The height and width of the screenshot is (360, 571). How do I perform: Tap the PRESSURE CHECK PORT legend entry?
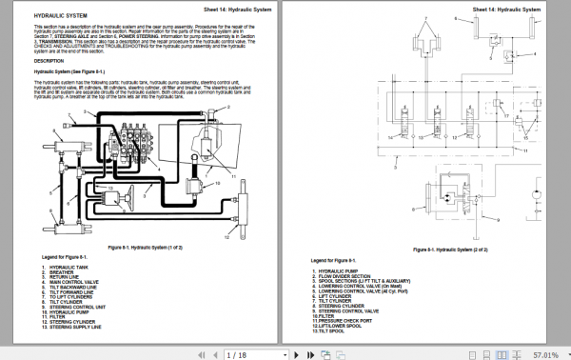[x=354, y=321]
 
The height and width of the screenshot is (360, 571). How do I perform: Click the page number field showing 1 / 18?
[x=236, y=352]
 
